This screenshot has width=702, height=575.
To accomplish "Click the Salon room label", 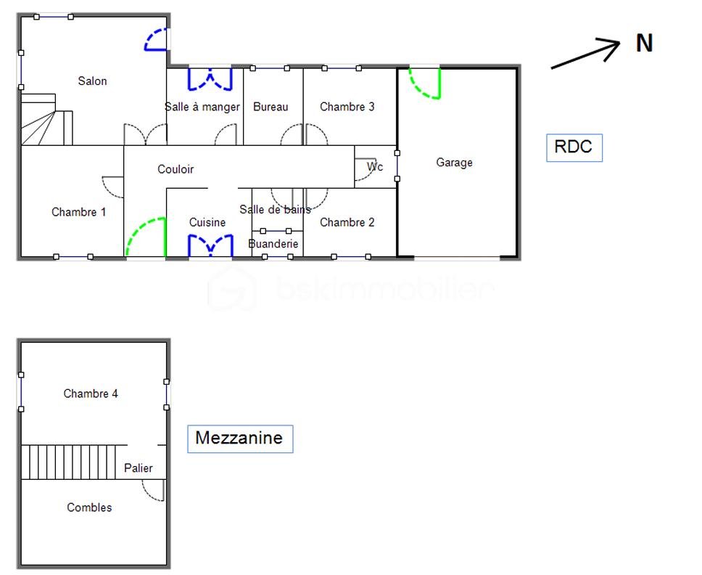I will tap(92, 81).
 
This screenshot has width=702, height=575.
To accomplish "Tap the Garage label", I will tap(454, 163).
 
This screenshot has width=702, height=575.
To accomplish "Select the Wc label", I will tap(374, 167).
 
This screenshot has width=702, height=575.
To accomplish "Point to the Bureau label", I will tap(271, 107).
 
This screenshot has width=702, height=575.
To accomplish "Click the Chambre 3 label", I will tap(347, 107).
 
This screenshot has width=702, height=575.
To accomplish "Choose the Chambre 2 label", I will tap(347, 222).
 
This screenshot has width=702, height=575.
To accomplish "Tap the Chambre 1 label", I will tap(79, 212).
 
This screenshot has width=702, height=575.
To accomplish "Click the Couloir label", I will tap(175, 169).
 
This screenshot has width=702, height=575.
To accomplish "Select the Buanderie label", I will tap(273, 244).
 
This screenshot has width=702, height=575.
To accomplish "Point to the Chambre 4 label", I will tap(91, 393).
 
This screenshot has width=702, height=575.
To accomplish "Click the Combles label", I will tap(89, 507).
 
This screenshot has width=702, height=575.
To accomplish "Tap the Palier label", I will tap(138, 468).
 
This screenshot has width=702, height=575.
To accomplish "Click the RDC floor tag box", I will tap(574, 147).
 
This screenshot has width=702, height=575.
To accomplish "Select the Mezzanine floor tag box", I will tap(240, 439).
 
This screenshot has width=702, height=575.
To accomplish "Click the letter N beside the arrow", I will tap(644, 44).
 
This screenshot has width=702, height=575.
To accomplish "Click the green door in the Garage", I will tap(426, 83).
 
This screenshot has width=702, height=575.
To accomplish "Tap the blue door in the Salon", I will tap(157, 40).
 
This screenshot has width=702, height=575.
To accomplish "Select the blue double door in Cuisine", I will tap(210, 246).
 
